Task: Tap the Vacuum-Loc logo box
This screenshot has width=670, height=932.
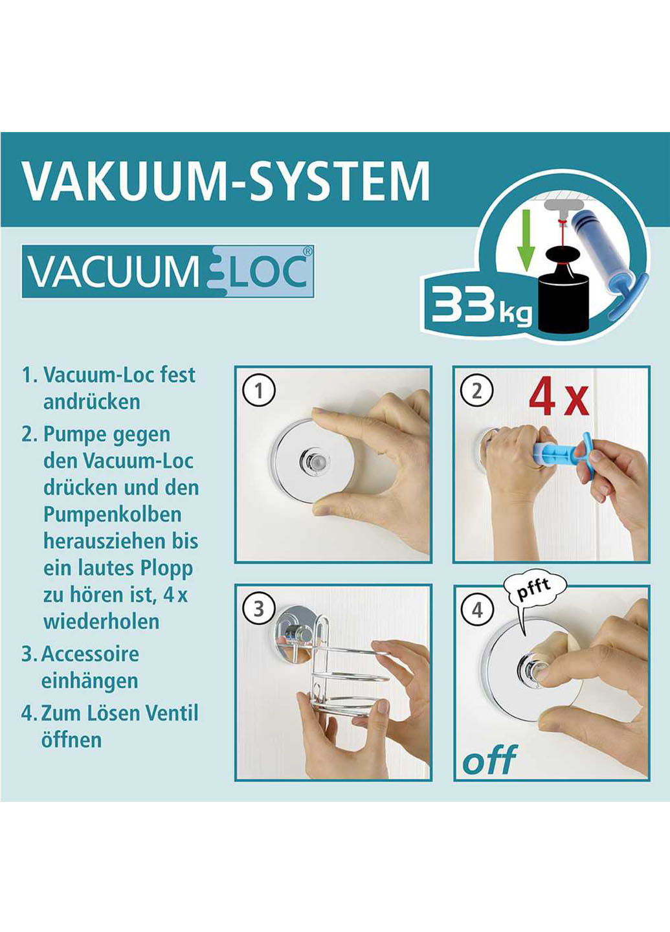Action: [x=168, y=271]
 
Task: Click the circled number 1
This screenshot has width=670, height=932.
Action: [x=259, y=392]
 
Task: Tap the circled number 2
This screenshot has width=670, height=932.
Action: [x=477, y=392]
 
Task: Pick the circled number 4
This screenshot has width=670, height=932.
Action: [x=477, y=610]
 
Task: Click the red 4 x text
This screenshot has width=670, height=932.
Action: [x=558, y=398]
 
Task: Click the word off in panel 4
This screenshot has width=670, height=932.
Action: [x=489, y=759]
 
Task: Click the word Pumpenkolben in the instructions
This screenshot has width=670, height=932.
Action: [x=112, y=515]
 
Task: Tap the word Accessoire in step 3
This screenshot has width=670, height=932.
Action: [x=90, y=654]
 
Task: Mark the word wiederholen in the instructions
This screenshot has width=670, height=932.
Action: [x=101, y=621]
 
